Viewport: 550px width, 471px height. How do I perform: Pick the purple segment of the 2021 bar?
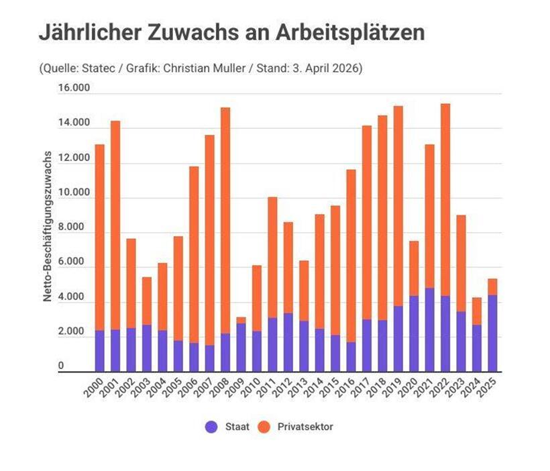coord(429,329)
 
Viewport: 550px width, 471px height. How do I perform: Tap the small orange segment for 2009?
coord(241,320)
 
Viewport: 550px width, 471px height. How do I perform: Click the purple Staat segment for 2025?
coord(492,333)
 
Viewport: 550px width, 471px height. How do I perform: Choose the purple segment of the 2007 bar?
coord(209,358)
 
